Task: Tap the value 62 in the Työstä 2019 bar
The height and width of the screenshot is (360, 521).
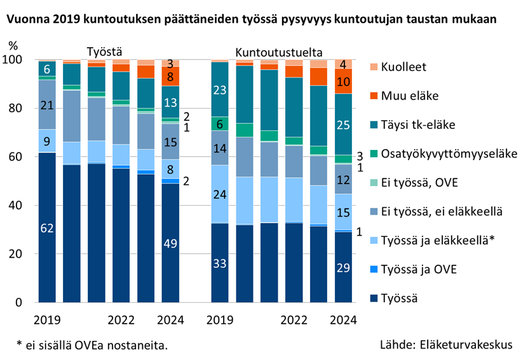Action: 47,227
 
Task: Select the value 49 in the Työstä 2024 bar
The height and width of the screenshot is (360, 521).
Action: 170,243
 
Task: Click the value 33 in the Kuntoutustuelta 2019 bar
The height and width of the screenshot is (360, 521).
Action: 220,263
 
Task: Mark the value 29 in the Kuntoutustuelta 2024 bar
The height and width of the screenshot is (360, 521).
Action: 342,267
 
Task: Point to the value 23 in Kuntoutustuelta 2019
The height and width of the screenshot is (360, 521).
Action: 220,90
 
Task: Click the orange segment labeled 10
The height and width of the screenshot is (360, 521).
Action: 342,81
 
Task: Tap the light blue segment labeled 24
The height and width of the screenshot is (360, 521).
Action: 220,194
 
